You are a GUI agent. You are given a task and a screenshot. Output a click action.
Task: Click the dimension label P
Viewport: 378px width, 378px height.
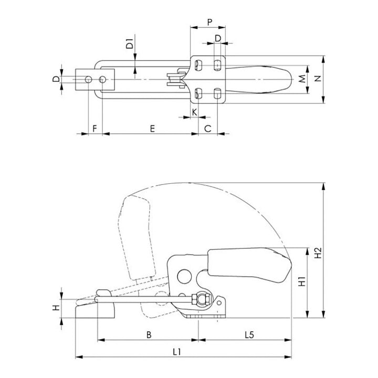209,22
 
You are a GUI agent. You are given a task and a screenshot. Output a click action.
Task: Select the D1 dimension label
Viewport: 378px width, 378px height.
130,44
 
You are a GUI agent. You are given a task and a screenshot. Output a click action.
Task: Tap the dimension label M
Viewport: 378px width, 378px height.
302,79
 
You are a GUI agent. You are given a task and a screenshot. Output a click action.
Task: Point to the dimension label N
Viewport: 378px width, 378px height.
318,79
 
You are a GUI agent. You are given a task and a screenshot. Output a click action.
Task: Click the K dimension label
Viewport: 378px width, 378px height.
194,112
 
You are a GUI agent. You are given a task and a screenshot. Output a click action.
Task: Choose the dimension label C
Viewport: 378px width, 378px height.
207,129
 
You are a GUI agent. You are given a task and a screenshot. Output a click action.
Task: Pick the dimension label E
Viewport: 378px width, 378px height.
152,129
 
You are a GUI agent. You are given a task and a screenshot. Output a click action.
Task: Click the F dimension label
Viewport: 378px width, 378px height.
94,129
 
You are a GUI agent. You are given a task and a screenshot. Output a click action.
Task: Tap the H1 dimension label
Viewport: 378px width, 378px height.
302,281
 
